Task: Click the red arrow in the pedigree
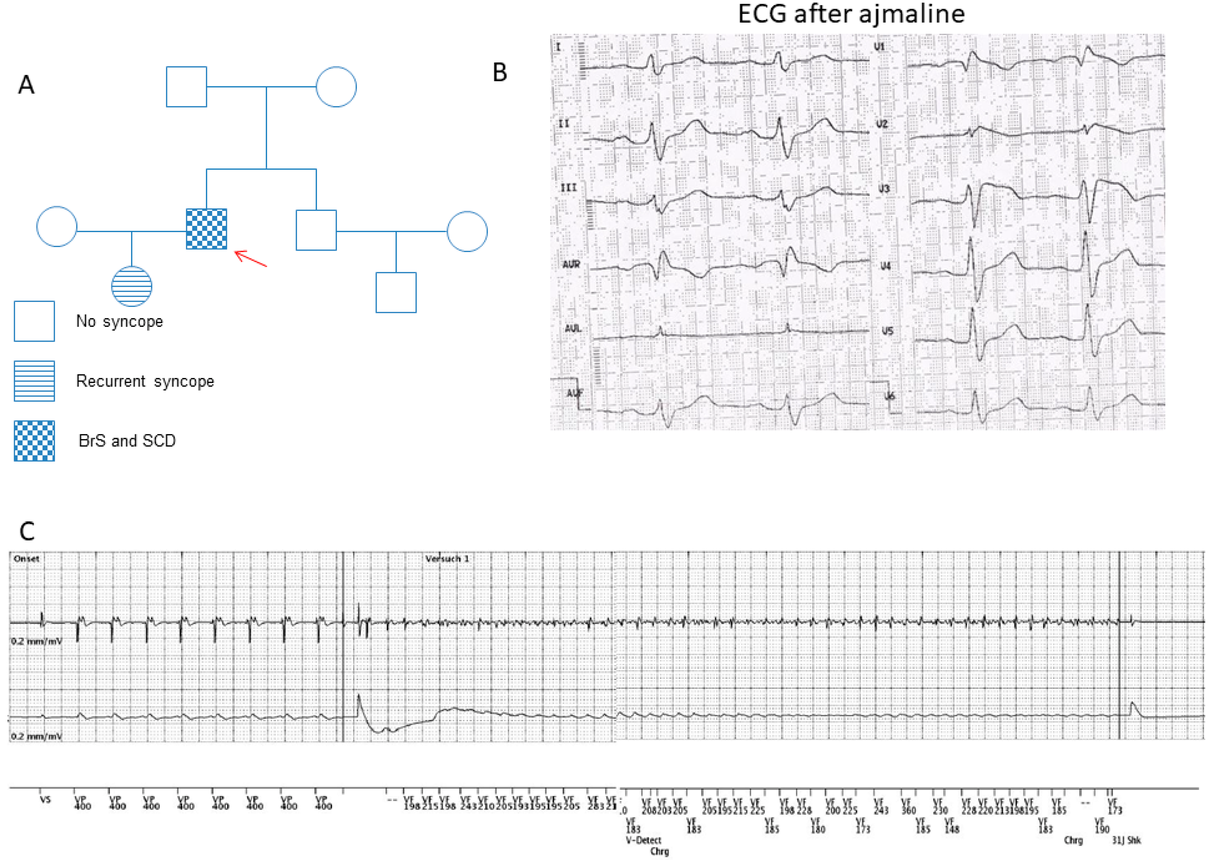point(250,258)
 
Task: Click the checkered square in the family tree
point(207,229)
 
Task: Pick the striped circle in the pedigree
point(131,286)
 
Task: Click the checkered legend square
point(34,441)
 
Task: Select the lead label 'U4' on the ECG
point(885,266)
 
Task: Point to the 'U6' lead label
point(890,396)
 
